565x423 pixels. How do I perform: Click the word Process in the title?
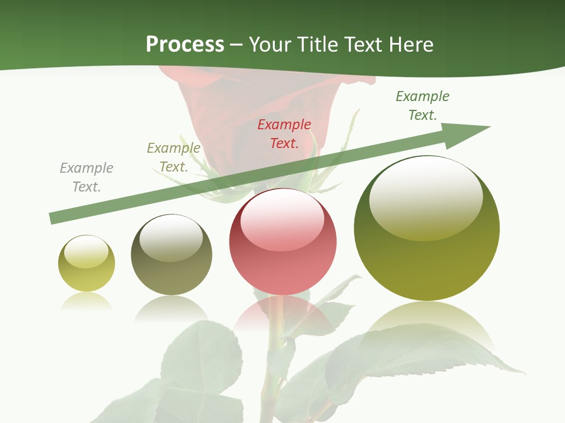[185, 45]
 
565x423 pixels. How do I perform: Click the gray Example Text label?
[87, 177]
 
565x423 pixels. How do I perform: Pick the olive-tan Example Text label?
[174, 157]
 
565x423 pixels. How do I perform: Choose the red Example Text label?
[284, 133]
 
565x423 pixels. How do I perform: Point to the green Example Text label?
[423, 106]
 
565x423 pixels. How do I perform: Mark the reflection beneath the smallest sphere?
[87, 302]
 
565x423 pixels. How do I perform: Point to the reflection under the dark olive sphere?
[171, 308]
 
